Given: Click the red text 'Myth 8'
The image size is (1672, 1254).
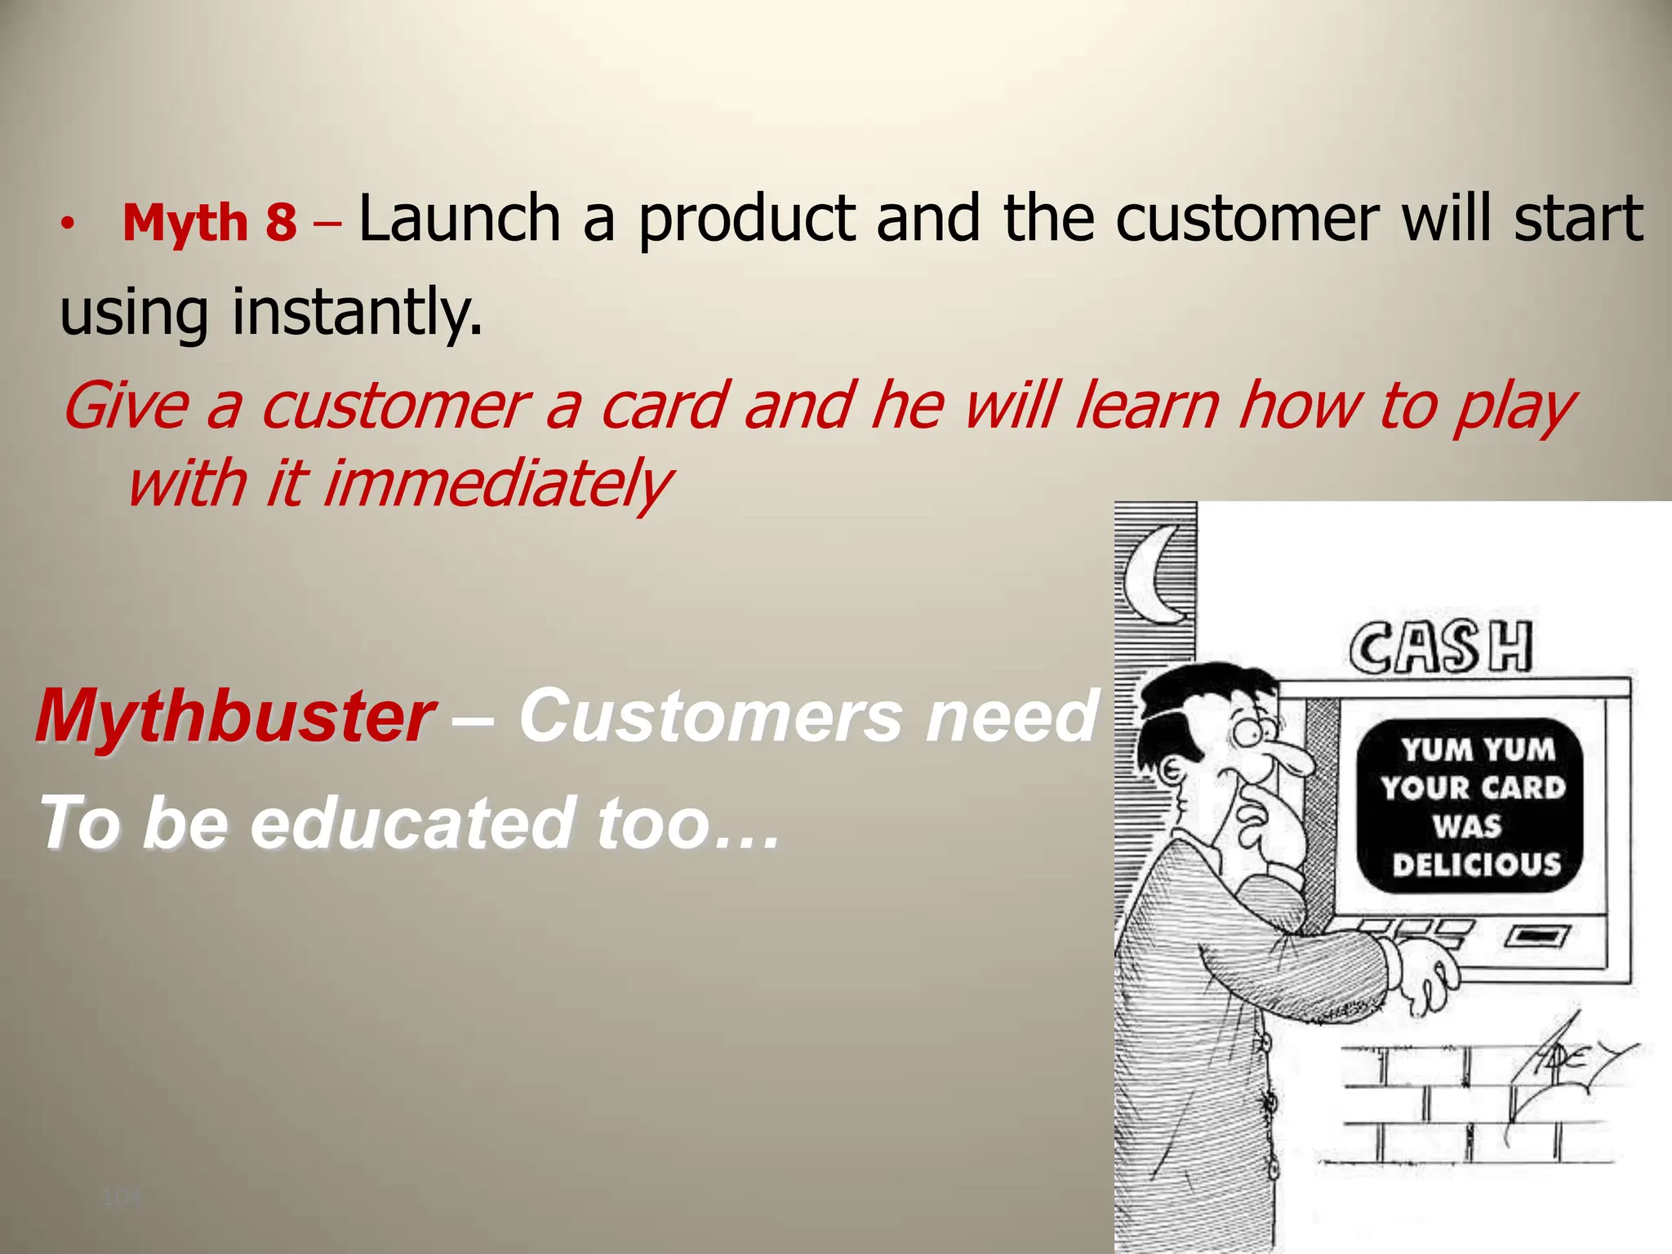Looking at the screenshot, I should tap(209, 222).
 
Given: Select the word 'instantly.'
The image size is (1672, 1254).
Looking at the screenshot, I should tap(357, 312).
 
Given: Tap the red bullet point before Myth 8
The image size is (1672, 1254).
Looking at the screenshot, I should tap(70, 223).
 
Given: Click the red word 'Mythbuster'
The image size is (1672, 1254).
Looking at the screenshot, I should tap(234, 716).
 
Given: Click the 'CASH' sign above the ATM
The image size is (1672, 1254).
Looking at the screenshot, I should tap(1440, 647).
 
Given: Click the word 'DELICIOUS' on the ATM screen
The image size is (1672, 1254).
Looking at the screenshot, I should tap(1476, 864).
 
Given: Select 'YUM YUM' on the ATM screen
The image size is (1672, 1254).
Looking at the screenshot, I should tap(1479, 749).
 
